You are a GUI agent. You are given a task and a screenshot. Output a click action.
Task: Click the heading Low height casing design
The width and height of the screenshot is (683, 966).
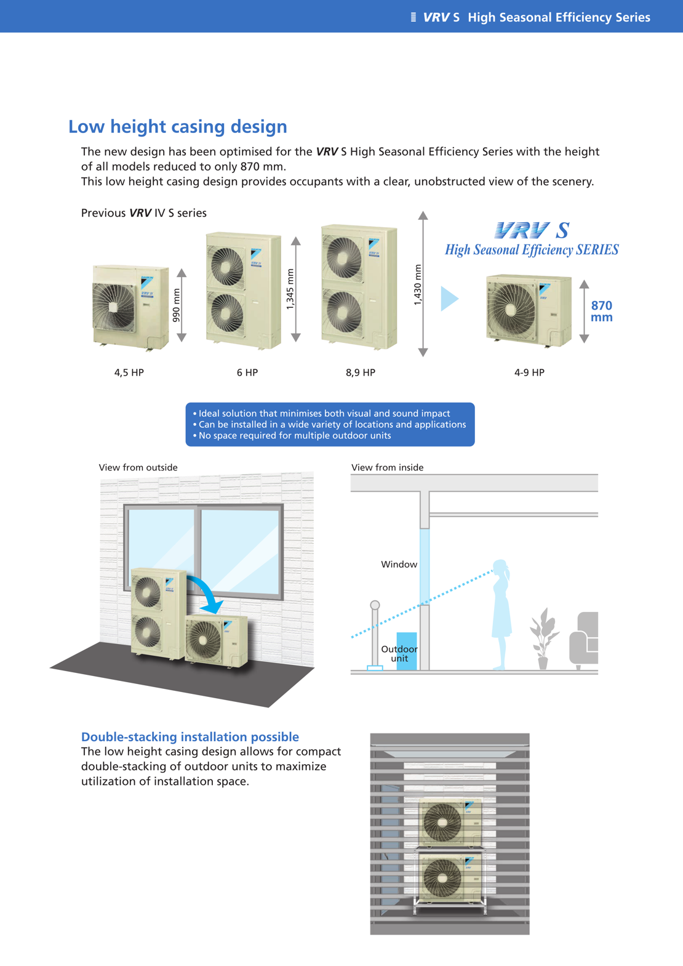click(x=177, y=126)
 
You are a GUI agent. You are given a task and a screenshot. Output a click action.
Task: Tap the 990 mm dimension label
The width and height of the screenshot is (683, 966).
click(x=176, y=305)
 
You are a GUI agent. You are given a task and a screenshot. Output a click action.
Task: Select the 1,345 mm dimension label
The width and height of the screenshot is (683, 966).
click(x=290, y=289)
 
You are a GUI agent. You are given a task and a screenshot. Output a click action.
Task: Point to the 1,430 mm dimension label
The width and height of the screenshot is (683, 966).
click(x=418, y=284)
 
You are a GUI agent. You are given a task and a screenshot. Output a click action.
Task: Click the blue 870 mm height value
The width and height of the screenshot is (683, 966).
click(x=601, y=311)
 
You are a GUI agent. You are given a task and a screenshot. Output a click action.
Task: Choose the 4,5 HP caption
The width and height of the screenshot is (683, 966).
click(x=129, y=372)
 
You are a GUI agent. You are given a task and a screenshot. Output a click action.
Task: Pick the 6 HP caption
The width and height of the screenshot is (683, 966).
click(x=247, y=372)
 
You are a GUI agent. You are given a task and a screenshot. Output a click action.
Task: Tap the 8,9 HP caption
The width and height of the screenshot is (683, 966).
click(x=361, y=372)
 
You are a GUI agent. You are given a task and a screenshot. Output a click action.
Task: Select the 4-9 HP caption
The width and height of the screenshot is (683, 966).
click(x=529, y=372)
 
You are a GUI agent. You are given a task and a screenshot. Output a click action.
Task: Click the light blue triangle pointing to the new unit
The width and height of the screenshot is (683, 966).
click(x=449, y=299)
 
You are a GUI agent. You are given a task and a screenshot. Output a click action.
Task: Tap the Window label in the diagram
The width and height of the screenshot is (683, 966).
click(x=399, y=564)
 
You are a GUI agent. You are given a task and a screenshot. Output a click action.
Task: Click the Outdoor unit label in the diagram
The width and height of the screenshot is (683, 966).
click(x=399, y=653)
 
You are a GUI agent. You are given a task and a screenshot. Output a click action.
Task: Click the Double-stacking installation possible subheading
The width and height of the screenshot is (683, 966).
click(x=190, y=736)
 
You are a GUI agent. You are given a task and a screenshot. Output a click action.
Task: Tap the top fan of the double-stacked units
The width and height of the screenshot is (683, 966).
click(x=442, y=822)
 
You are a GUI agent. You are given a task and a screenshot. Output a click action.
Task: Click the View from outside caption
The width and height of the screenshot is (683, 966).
click(x=138, y=467)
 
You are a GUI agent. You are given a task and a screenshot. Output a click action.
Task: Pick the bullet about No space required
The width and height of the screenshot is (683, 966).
click(x=294, y=435)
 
